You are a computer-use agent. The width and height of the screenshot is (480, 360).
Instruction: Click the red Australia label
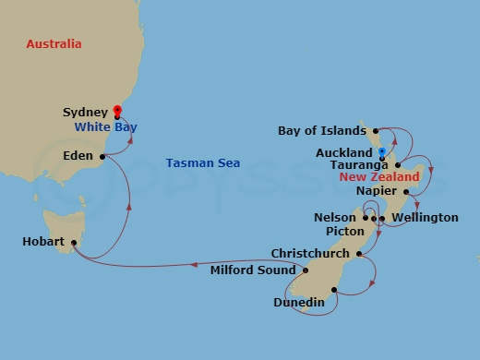[x=54, y=44]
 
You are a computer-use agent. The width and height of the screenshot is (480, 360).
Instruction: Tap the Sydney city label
[x=84, y=112]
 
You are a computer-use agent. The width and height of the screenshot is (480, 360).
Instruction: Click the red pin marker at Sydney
[x=117, y=109]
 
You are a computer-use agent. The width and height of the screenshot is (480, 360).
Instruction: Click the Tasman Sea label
[x=203, y=163]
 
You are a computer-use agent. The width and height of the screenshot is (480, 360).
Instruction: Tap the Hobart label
[x=43, y=242]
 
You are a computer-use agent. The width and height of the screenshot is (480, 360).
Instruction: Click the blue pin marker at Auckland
[x=381, y=150]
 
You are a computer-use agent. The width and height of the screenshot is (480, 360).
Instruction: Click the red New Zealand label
[x=379, y=176]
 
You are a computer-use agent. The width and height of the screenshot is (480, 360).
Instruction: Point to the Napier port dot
[x=405, y=192]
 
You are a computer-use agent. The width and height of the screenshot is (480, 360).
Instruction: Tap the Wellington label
[x=425, y=218]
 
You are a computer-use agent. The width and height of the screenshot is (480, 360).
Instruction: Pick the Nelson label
[x=334, y=218]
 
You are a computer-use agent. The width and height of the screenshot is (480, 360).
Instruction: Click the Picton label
[x=345, y=232]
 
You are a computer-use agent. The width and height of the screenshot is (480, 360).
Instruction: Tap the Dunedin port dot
[x=334, y=289]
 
